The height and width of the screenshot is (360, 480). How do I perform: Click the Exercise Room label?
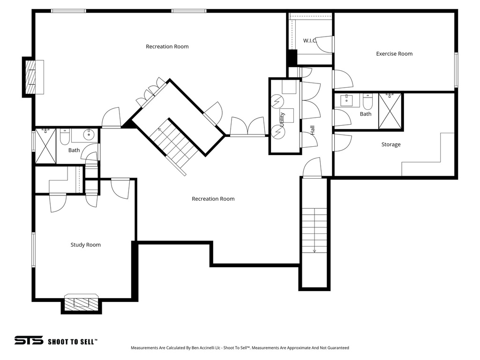pyautogui.click(x=394, y=54)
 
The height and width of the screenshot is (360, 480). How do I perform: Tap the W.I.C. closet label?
pyautogui.click(x=310, y=41)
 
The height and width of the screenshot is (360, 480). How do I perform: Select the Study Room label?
pyautogui.click(x=85, y=245)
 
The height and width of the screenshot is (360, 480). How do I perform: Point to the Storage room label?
pyautogui.click(x=390, y=144)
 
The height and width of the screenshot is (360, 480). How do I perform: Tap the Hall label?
pyautogui.click(x=312, y=130)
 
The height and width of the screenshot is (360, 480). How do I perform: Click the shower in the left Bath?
pyautogui.click(x=45, y=146)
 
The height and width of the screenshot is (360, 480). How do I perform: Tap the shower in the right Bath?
pyautogui.click(x=390, y=111)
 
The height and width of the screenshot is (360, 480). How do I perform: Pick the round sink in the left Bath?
pyautogui.click(x=89, y=135)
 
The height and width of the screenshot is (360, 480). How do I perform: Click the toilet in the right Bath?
pyautogui.click(x=367, y=102)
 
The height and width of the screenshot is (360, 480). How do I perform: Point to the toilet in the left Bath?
pyautogui.click(x=65, y=136)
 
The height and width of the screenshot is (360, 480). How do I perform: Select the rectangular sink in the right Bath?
pyautogui.click(x=350, y=100)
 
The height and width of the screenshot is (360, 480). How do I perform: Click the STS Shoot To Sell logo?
pyautogui.click(x=55, y=341)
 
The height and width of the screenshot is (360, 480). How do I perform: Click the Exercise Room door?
pyautogui.click(x=342, y=79)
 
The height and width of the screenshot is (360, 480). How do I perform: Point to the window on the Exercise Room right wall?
pyautogui.click(x=456, y=69)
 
